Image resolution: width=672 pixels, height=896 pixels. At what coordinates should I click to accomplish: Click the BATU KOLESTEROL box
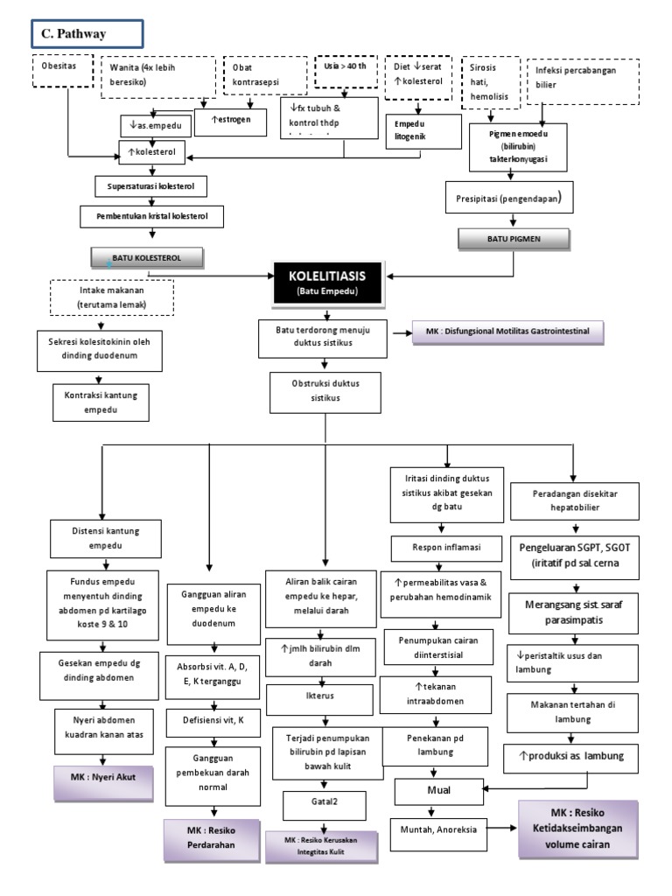tap(148, 257)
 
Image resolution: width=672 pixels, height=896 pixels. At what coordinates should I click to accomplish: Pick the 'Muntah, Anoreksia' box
tap(439, 829)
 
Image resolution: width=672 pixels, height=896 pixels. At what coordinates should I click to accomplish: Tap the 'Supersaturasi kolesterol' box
tap(151, 185)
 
